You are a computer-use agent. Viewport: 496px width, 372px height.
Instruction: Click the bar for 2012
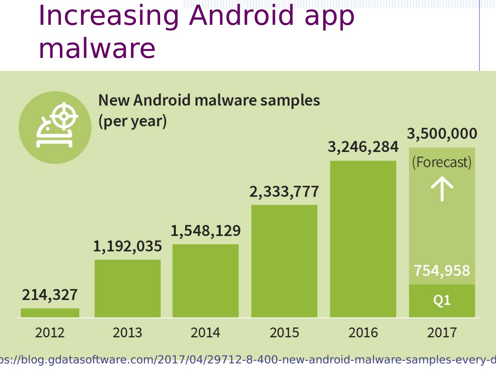tap(50, 313)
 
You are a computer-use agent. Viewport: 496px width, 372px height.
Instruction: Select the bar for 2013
tap(127, 288)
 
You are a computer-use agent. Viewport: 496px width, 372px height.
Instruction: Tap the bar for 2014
tap(205, 281)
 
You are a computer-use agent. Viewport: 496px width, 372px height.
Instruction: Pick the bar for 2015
tap(284, 261)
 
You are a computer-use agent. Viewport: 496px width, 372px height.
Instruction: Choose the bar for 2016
tap(363, 239)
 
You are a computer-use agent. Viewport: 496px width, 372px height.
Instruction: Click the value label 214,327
tap(50, 295)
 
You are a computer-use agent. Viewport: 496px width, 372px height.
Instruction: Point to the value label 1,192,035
tap(127, 247)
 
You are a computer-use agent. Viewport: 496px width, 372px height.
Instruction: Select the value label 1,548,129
tap(206, 231)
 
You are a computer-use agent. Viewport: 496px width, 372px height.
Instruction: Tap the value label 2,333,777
tap(284, 192)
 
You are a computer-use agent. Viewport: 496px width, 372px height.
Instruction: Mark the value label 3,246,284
tap(363, 147)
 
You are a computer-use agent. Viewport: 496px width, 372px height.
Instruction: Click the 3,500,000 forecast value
tap(442, 134)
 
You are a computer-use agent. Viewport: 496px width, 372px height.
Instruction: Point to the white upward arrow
tap(442, 190)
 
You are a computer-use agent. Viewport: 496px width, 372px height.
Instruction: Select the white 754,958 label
tap(442, 271)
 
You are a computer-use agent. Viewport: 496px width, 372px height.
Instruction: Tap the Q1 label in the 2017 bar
tap(442, 301)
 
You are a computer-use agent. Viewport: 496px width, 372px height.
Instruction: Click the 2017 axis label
tap(442, 333)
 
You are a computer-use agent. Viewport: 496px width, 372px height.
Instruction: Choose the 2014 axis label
tap(206, 333)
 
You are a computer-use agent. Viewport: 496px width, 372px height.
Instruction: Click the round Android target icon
tap(55, 127)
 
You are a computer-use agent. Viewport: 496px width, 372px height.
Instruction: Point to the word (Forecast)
tap(442, 162)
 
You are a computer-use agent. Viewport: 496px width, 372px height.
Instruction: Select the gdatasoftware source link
tap(248, 360)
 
